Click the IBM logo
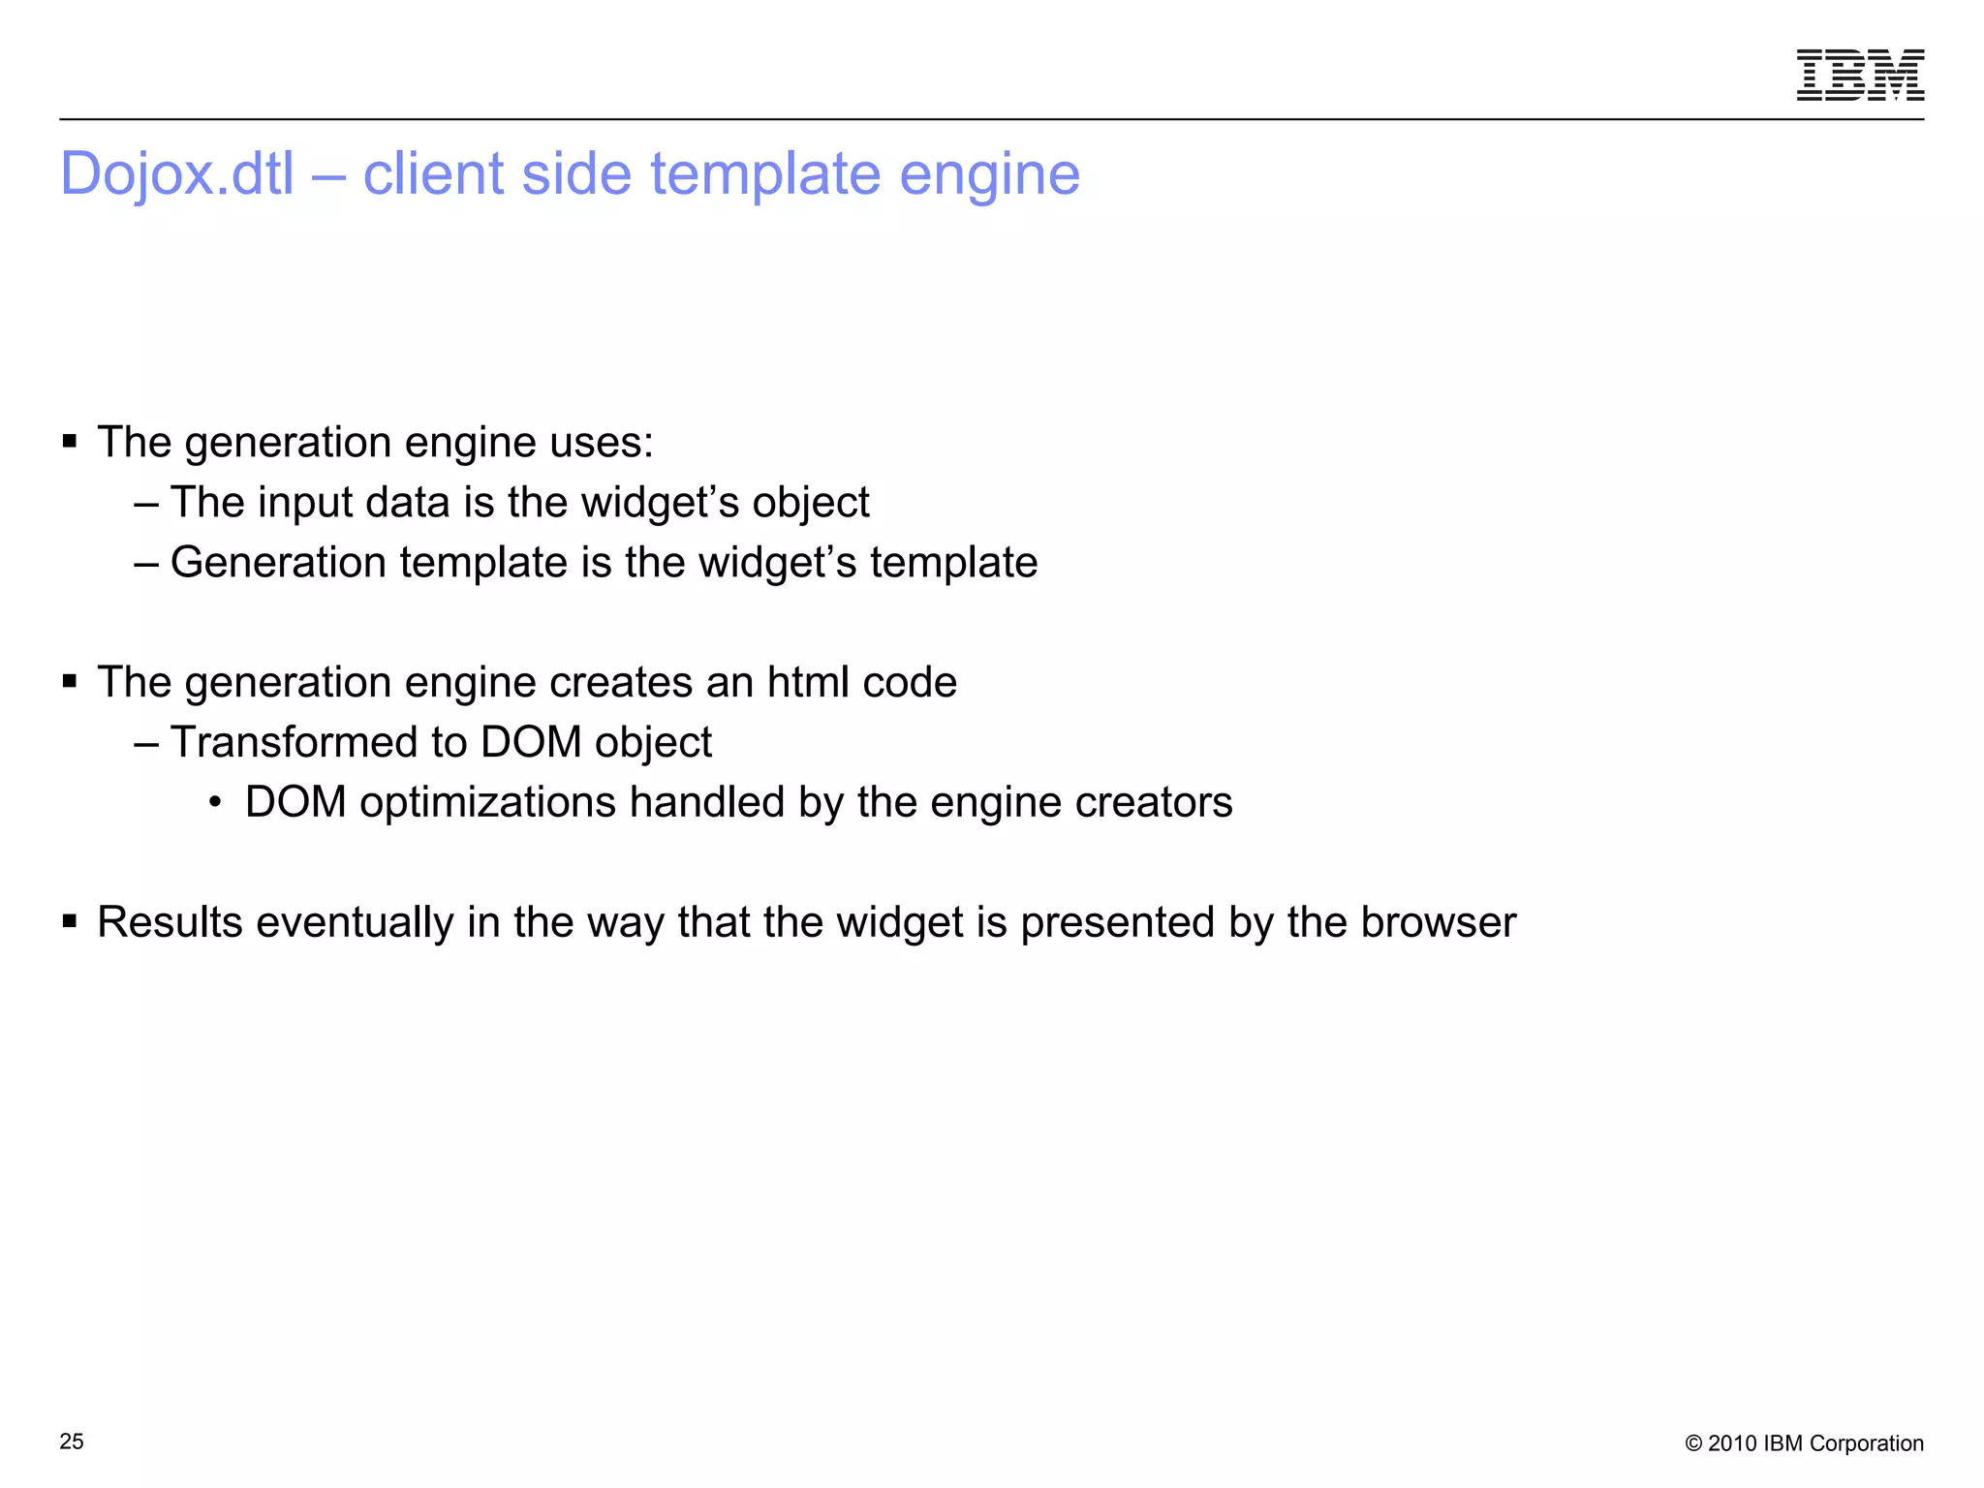[x=1860, y=75]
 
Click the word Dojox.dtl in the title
[x=177, y=174]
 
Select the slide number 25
[x=72, y=1441]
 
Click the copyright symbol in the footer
[x=1693, y=1443]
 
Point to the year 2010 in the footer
[x=1732, y=1443]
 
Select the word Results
[x=170, y=922]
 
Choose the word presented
[x=1117, y=923]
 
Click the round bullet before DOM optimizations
[x=216, y=803]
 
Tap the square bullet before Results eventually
[x=70, y=921]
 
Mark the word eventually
[x=355, y=923]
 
